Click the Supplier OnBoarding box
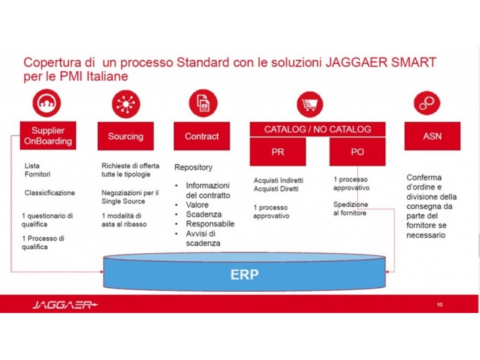click(x=48, y=136)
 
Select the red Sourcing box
click(x=126, y=136)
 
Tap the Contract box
click(x=202, y=136)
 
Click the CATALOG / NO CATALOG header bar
click(x=318, y=130)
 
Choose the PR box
click(x=278, y=152)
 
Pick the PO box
click(x=357, y=152)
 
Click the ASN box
click(x=432, y=136)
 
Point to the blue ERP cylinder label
click(x=244, y=274)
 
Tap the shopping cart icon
click(x=309, y=104)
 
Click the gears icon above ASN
click(x=427, y=103)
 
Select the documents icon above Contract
click(x=203, y=103)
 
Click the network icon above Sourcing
click(x=126, y=104)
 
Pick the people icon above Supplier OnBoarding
click(x=46, y=103)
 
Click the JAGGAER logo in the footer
click(x=65, y=304)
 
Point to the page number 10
click(x=440, y=304)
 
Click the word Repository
click(x=193, y=167)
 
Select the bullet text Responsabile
click(x=210, y=224)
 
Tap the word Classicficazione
click(x=50, y=193)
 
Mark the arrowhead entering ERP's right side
click(x=387, y=271)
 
